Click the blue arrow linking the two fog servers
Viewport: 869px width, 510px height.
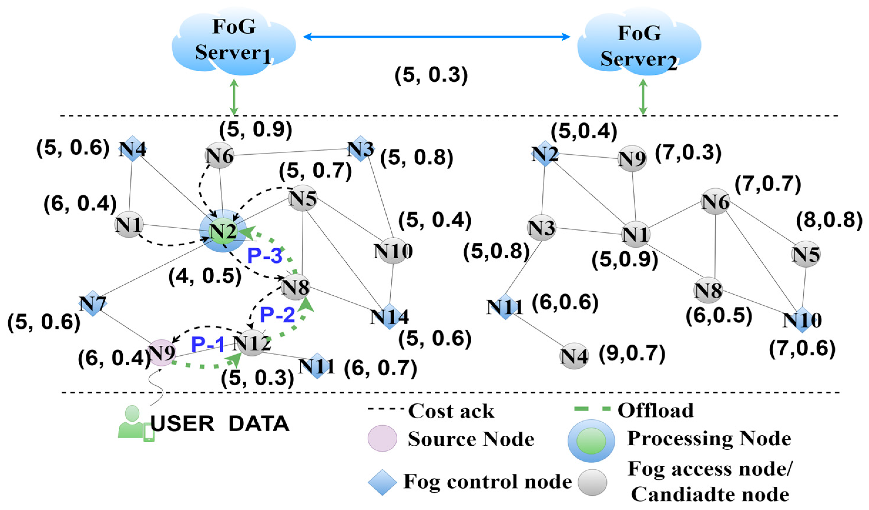tap(436, 36)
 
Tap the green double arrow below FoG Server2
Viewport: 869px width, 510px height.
tap(643, 97)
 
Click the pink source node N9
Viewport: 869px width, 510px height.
tap(161, 353)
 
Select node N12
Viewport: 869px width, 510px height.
tap(252, 343)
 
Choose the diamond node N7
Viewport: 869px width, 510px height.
tap(93, 303)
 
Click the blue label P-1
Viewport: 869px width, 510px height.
tap(208, 344)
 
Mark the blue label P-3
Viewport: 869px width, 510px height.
tap(265, 256)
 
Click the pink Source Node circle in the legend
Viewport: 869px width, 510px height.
tap(382, 438)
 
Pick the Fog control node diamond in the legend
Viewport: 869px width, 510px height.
tap(382, 482)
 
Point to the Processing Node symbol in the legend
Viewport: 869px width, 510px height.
tap(591, 441)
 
